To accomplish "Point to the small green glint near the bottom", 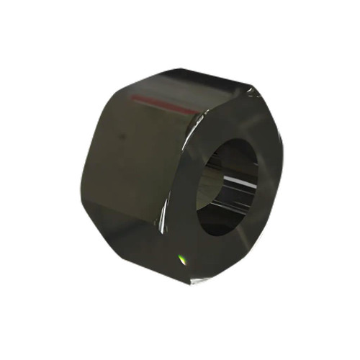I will (x=181, y=257).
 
